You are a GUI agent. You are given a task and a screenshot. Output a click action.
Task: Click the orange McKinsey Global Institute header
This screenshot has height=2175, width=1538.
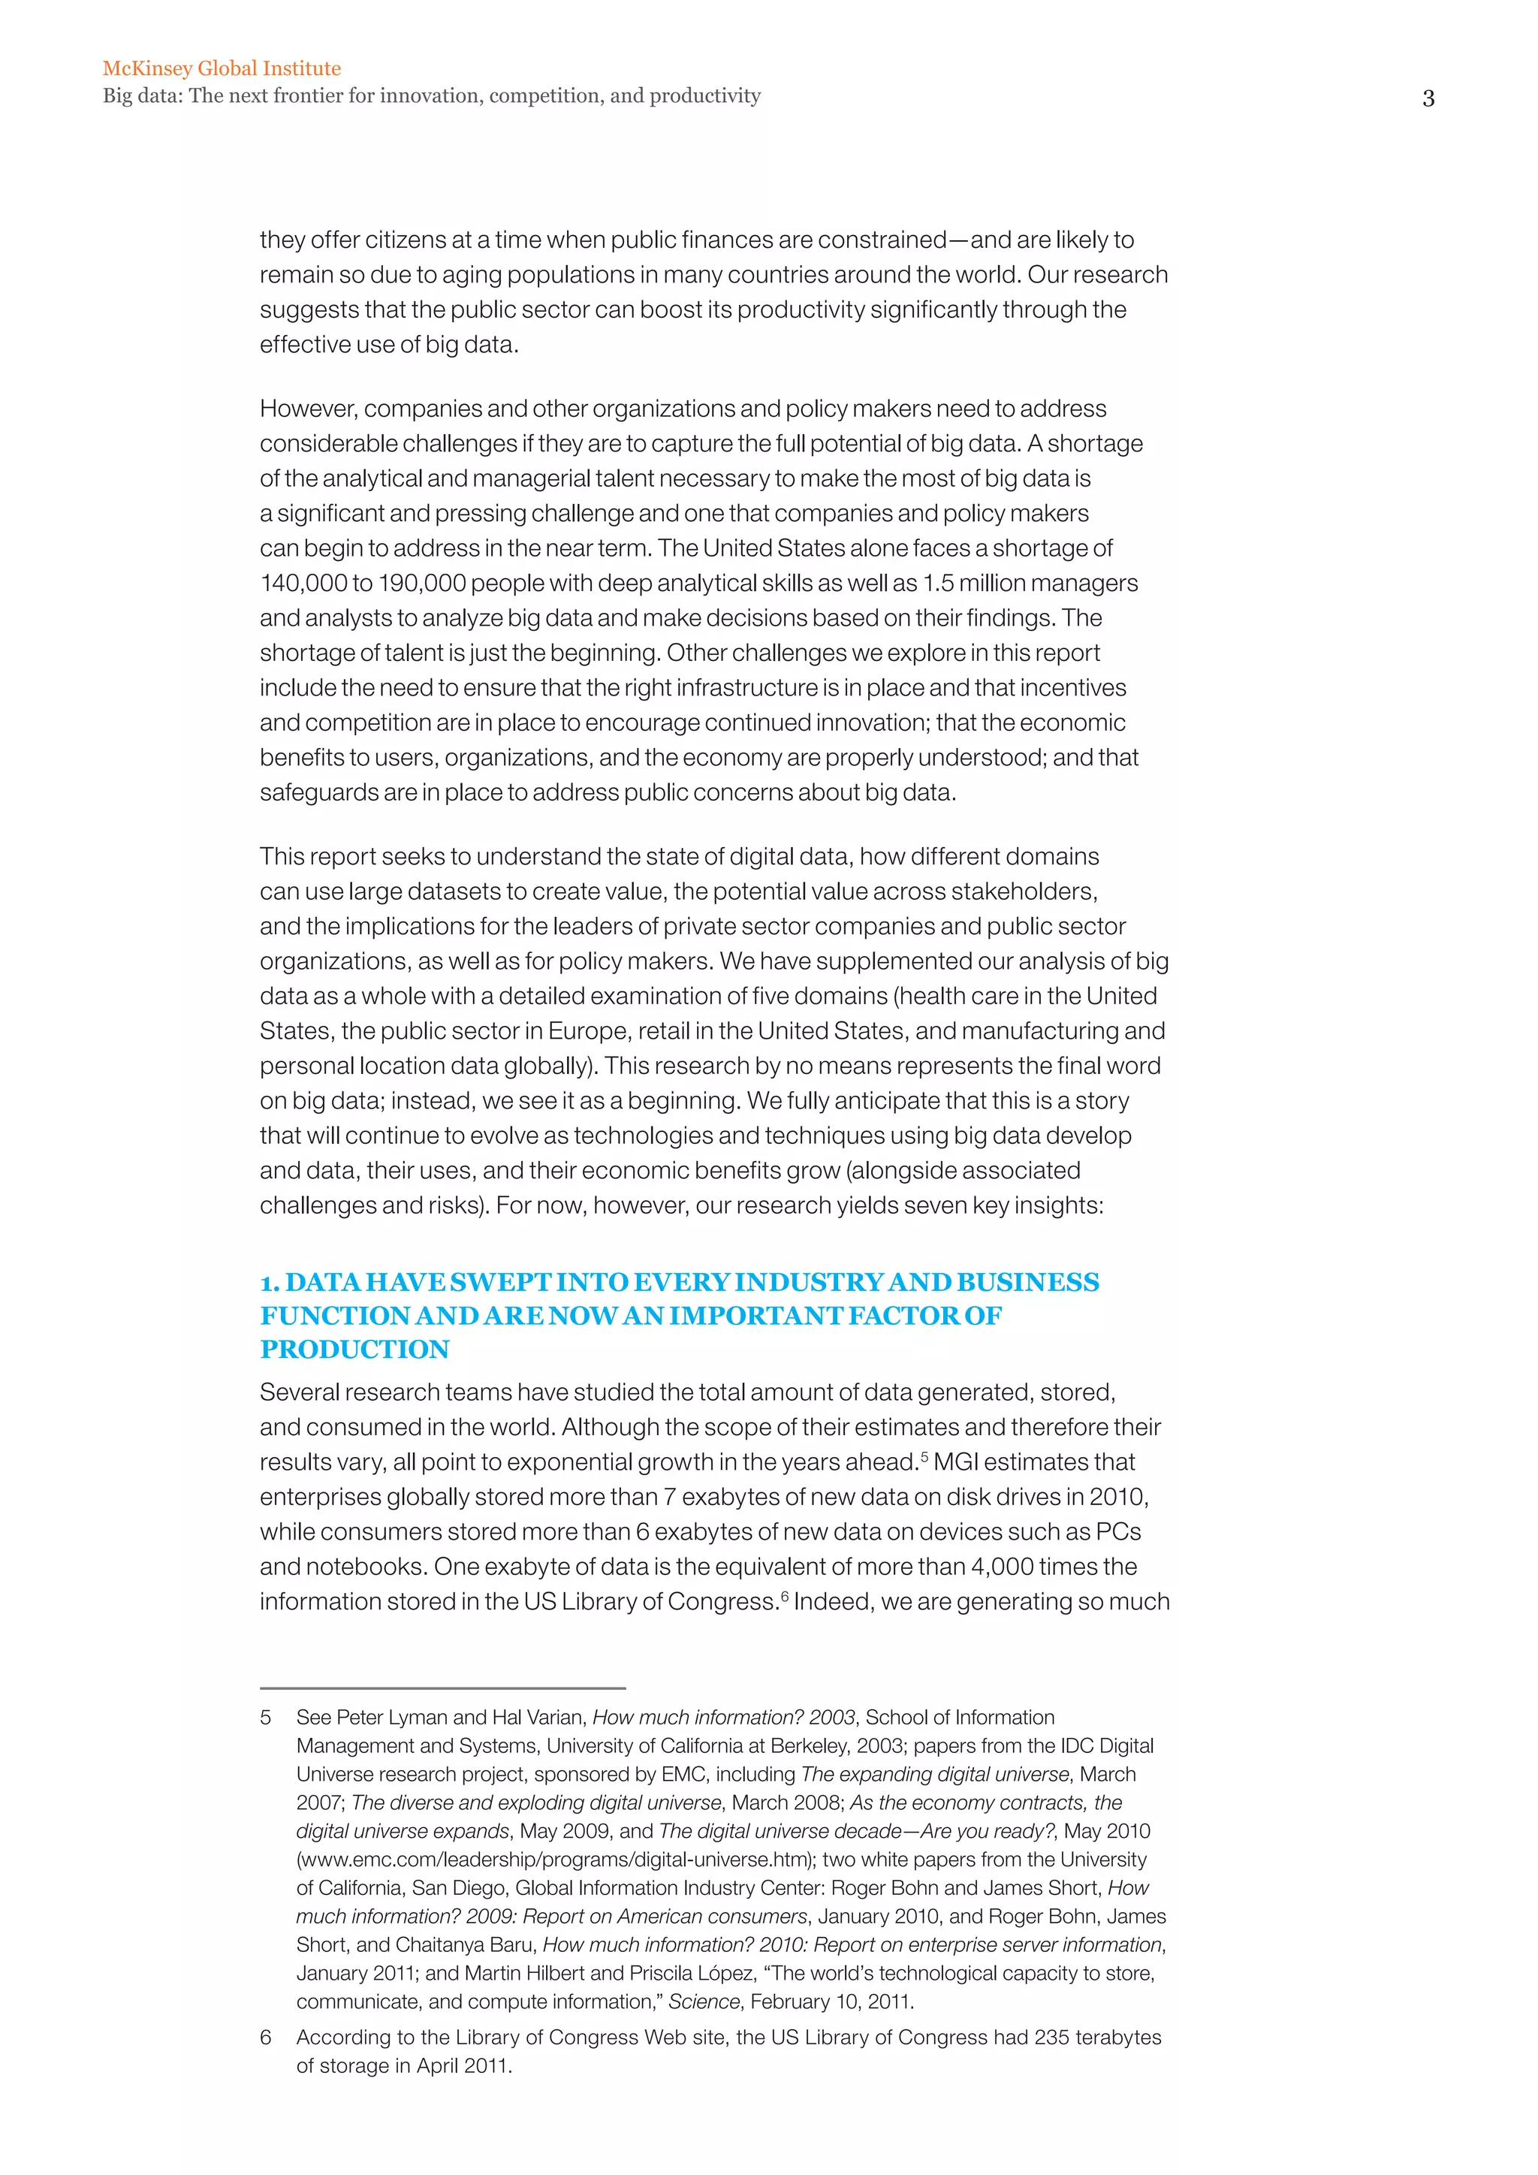[x=222, y=68]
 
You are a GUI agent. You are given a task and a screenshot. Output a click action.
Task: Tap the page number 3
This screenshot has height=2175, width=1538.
[x=1428, y=98]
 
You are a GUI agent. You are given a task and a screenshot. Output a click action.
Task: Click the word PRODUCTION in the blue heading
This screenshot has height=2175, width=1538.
[x=355, y=1349]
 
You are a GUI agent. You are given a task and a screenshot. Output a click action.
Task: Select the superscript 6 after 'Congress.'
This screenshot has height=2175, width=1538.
[x=784, y=1594]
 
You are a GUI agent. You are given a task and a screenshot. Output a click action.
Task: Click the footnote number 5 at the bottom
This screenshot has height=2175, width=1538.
[x=266, y=1718]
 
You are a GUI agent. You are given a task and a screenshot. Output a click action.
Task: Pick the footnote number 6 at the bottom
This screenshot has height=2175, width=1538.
[x=266, y=2037]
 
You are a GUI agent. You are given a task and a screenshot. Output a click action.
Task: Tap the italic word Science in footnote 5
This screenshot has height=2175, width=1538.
[x=704, y=2002]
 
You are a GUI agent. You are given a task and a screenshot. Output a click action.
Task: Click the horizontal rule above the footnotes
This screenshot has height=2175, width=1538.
[x=442, y=1688]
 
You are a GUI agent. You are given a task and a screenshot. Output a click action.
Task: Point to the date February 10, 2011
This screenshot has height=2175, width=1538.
[x=831, y=2002]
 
